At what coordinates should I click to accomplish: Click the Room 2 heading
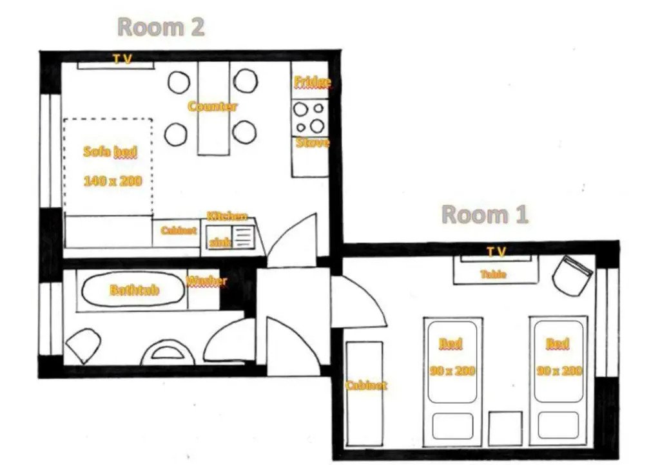point(161,27)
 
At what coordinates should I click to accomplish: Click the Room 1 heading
point(484,214)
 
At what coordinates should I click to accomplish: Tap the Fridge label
point(312,82)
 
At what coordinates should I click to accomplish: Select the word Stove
point(312,142)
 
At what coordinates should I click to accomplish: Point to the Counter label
point(213,106)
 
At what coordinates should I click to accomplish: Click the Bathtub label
point(134,290)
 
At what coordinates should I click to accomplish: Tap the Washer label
point(206,281)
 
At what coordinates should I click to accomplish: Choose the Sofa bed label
point(110,152)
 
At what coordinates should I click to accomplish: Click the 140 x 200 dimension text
point(112,181)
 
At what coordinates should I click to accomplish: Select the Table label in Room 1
point(494,274)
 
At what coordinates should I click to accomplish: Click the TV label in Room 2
point(122,59)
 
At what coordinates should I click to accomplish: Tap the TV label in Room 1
point(496,251)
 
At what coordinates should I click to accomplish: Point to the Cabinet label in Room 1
point(366,385)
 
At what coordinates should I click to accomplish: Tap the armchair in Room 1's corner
point(573,275)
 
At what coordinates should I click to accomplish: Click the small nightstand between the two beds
point(505,426)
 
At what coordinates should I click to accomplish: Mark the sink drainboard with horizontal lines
point(243,237)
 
